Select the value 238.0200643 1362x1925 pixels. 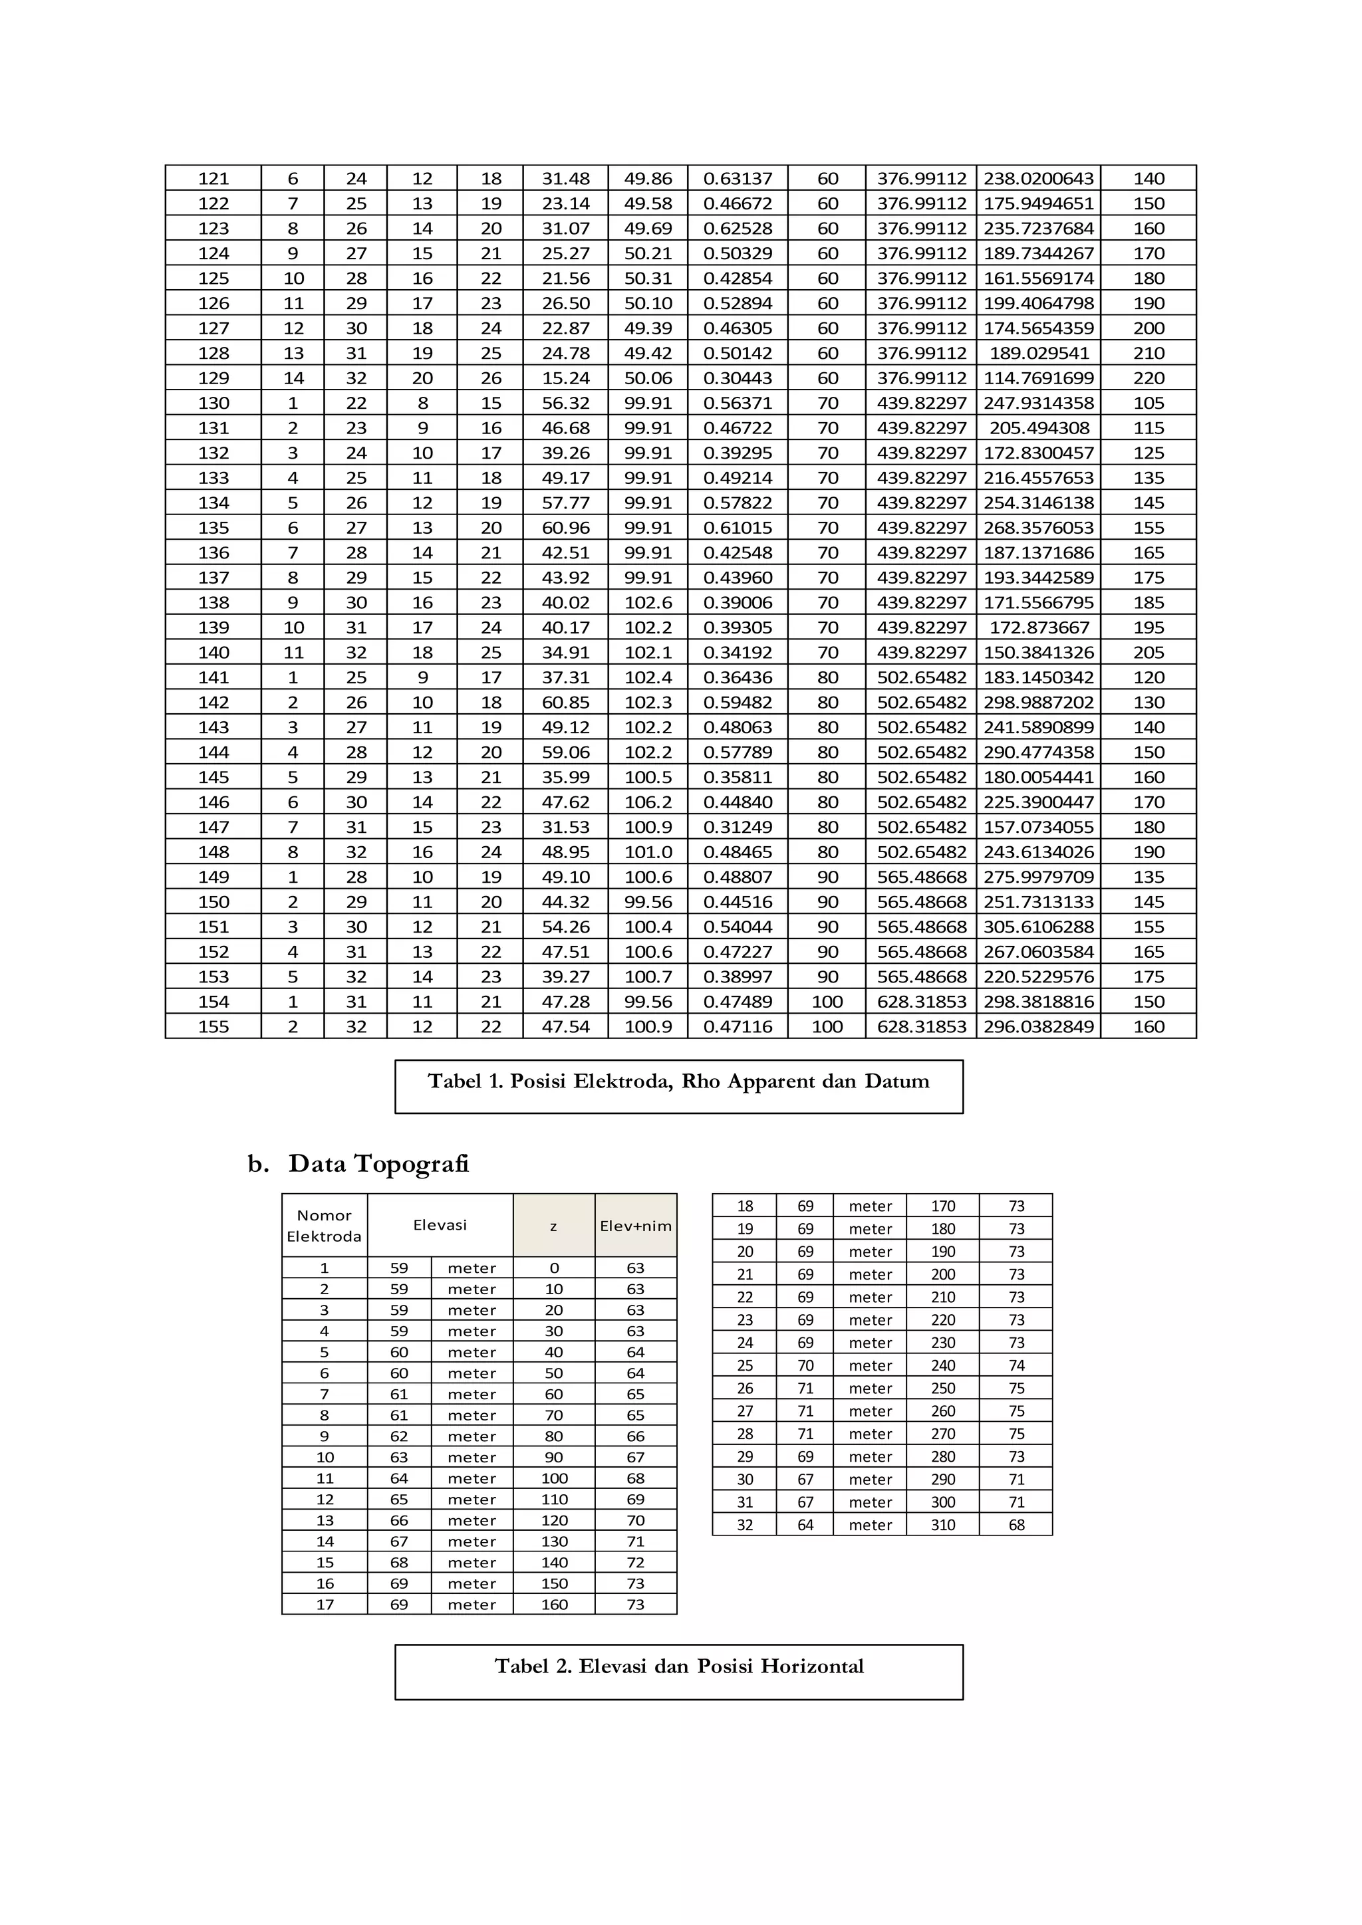[1038, 179]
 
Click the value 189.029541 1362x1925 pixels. [1038, 353]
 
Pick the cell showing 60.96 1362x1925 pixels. [565, 528]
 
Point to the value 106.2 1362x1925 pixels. [648, 802]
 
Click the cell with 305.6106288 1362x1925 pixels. [1038, 927]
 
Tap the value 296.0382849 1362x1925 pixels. [1038, 1027]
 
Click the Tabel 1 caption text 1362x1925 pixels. [678, 1081]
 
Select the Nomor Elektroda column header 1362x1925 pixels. [324, 1226]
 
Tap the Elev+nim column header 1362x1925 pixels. [636, 1226]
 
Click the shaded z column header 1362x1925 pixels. [553, 1226]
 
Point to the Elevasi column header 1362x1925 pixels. [440, 1225]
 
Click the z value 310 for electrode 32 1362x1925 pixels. [942, 1525]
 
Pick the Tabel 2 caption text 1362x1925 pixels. [678, 1667]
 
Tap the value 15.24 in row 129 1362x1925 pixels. [565, 378]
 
